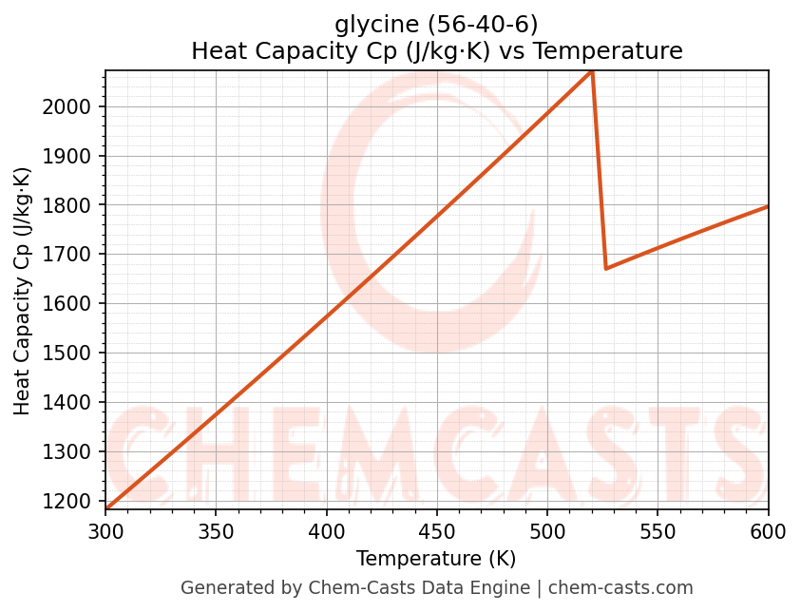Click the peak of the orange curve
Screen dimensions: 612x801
pos(591,71)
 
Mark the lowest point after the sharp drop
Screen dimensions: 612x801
pos(606,268)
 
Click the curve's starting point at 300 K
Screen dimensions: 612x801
pos(106,509)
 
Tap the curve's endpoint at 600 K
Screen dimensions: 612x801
pos(767,206)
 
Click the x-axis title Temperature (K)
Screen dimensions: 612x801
pos(436,559)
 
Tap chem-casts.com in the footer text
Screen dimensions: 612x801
pos(620,588)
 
